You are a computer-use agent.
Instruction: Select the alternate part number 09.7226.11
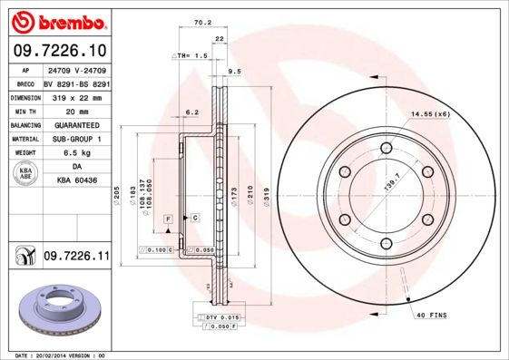coord(76,258)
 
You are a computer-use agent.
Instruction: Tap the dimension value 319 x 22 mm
coord(76,97)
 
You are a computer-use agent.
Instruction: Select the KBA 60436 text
coord(76,182)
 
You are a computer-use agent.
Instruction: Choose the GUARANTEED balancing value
coord(76,125)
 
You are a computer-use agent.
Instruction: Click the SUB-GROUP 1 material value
coord(76,139)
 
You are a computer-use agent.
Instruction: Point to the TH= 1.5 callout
coord(191,55)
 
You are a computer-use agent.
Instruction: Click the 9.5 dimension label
coord(234,71)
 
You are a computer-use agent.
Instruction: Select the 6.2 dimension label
coord(191,112)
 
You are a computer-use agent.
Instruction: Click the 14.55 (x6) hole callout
coord(430,113)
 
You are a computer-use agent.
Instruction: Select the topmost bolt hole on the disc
coord(386,148)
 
